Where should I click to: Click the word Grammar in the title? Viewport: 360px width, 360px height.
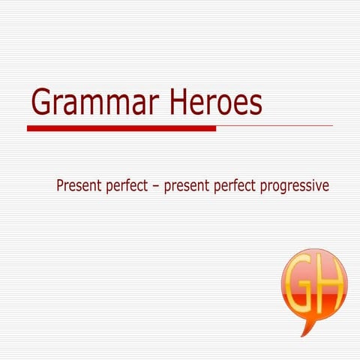[90, 103]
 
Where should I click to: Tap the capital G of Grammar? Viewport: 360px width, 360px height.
[42, 102]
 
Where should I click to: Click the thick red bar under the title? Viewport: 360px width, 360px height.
[120, 128]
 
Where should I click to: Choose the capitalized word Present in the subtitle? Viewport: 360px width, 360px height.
[78, 184]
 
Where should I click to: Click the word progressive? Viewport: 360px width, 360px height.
[294, 185]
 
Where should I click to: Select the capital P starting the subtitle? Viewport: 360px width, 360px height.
[60, 184]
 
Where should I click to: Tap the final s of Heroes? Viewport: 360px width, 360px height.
[255, 104]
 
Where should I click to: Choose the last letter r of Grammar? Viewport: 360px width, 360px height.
[147, 104]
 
